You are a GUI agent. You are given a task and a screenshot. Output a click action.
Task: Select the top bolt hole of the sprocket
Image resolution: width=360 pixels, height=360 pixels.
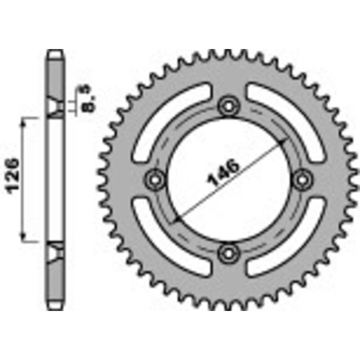coord(228,106)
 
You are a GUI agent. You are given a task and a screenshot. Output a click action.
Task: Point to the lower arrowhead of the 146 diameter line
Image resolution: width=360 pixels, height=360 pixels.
coord(175,219)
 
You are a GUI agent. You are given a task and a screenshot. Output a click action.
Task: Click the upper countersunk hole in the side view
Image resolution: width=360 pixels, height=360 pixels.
coord(56,108)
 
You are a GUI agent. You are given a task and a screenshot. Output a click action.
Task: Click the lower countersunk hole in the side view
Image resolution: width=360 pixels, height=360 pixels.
coord(56,252)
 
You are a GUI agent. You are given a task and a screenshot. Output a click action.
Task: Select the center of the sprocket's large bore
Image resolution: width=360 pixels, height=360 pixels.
coord(228,179)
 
